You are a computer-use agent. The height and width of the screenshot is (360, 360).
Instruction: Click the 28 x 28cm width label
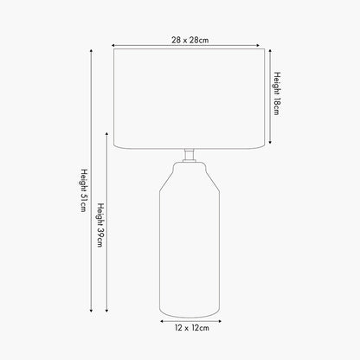click(190, 40)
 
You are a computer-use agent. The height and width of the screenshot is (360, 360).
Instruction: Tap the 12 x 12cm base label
click(192, 328)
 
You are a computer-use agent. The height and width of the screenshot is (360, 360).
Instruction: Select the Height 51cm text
click(84, 190)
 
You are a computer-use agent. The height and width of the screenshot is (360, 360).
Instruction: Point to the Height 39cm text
click(100, 225)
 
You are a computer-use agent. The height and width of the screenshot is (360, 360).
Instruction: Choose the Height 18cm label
click(277, 93)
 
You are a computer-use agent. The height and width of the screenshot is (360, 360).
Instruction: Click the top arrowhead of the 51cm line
click(91, 51)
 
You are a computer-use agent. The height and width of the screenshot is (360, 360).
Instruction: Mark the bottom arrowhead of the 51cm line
click(91, 311)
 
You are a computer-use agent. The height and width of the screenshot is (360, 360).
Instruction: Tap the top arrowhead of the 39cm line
click(106, 134)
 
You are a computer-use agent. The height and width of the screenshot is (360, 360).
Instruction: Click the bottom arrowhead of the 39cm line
click(106, 311)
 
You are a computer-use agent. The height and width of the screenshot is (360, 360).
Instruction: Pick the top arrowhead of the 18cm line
click(270, 51)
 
